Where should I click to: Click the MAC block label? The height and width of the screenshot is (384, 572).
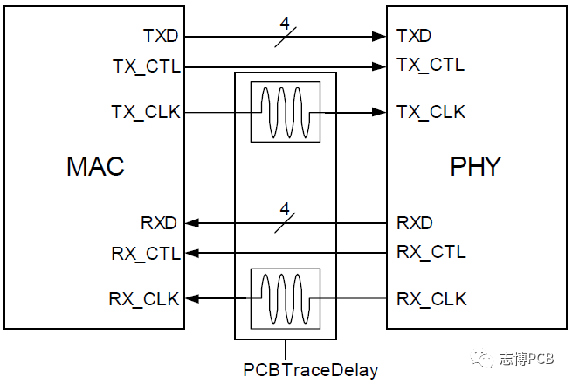(95, 166)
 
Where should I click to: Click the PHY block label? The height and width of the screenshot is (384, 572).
(476, 166)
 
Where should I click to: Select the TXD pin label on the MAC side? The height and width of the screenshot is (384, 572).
(161, 37)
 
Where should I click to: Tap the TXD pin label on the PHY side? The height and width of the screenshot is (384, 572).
(414, 37)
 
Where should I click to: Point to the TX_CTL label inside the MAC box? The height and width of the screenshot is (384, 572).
(146, 66)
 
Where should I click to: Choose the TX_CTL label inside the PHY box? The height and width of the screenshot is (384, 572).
(431, 65)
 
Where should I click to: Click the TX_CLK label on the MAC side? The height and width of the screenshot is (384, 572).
(146, 112)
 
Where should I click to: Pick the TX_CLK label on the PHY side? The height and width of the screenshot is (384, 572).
(431, 112)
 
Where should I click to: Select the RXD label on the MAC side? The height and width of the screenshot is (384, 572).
(161, 223)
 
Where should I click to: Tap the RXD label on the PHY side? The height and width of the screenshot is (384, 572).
(415, 223)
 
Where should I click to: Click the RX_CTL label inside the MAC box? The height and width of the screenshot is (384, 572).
(146, 254)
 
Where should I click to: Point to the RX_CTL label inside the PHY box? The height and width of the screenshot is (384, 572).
(431, 253)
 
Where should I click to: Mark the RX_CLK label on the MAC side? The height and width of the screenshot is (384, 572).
(146, 299)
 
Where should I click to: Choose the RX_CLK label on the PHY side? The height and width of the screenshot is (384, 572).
(431, 299)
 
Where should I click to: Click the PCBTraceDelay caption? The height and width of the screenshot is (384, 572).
(311, 370)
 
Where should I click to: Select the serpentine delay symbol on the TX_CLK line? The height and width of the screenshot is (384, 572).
(285, 112)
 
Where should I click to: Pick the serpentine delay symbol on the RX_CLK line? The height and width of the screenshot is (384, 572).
(285, 299)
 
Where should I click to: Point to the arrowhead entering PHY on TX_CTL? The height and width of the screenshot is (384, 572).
(381, 66)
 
